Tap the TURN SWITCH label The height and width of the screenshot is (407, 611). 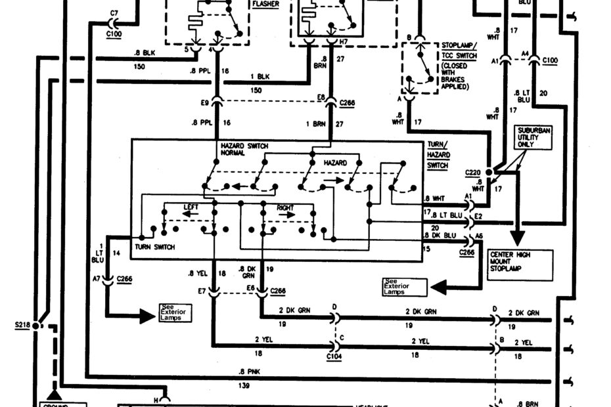tap(153, 247)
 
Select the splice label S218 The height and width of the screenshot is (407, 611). tap(22, 324)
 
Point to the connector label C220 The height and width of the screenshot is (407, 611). tap(472, 172)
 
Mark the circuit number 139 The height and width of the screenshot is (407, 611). tap(244, 386)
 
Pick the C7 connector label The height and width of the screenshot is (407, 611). tap(114, 12)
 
